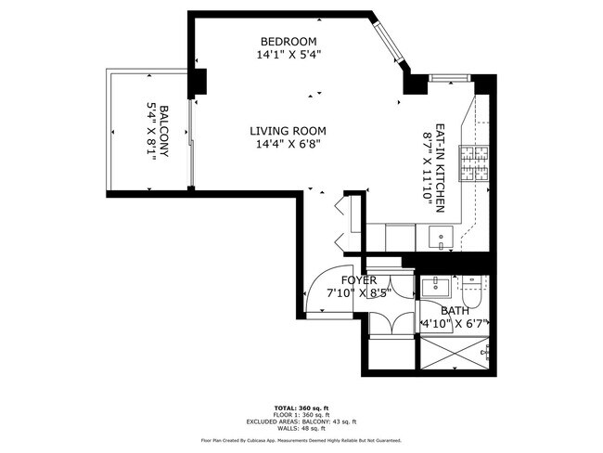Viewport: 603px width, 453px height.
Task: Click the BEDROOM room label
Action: coord(289,42)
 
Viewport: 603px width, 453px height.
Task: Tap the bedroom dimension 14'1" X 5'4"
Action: coord(289,55)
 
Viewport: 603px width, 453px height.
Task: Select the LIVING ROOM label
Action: coord(289,131)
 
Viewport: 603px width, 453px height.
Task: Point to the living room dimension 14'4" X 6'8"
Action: coord(289,144)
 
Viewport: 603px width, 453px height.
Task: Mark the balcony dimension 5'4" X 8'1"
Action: coord(150,132)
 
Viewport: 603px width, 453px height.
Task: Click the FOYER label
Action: coord(359,280)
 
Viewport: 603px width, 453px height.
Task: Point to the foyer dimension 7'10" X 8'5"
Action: coord(359,293)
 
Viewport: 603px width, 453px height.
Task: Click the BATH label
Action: coord(455,311)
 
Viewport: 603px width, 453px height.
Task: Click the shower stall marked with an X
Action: coord(454,352)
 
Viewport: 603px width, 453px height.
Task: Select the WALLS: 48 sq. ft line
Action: coord(301,429)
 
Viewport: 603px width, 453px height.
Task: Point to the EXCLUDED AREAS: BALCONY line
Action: coord(301,422)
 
